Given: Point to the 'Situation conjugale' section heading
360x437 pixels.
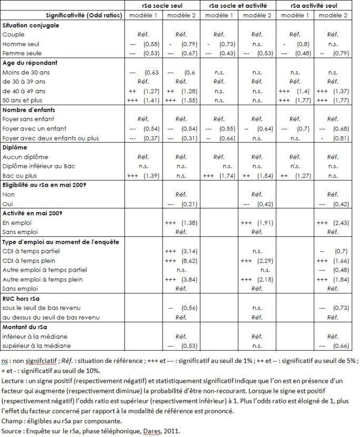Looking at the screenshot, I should [31, 25].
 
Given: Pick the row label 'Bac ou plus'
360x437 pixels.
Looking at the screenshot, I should [22, 175].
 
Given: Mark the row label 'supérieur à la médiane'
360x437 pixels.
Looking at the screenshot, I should [36, 345].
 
